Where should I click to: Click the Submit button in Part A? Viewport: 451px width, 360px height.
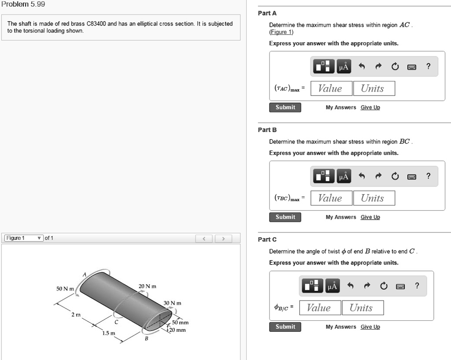click(x=285, y=107)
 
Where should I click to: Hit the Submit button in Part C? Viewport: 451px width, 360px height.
click(x=285, y=327)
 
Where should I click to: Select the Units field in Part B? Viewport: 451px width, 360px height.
click(x=373, y=198)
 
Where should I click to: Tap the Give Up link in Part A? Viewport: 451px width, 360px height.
click(x=370, y=107)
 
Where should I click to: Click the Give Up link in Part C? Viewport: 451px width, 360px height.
click(x=370, y=327)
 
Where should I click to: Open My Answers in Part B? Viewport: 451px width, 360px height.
click(x=340, y=217)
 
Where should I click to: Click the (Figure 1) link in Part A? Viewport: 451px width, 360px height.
click(x=281, y=32)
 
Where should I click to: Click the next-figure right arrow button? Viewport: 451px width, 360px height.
click(x=223, y=239)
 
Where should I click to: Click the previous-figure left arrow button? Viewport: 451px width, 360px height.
click(x=203, y=239)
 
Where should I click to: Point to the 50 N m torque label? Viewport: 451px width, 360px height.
click(x=65, y=289)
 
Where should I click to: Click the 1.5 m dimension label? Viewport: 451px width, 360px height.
click(x=109, y=333)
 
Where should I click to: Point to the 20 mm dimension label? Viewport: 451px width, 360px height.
click(x=178, y=330)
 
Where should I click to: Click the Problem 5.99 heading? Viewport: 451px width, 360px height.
click(x=22, y=4)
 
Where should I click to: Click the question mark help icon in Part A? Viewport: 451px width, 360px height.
click(x=428, y=67)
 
